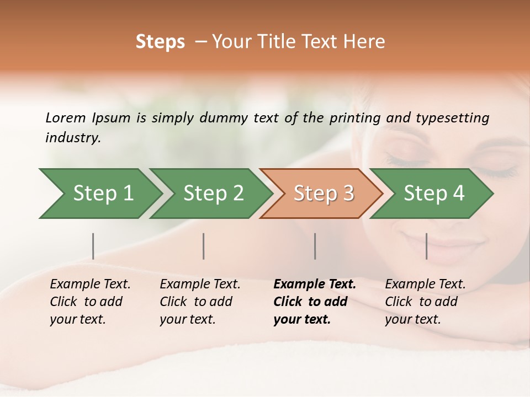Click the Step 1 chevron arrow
tap(99, 194)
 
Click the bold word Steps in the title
tap(160, 42)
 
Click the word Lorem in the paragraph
tap(65, 118)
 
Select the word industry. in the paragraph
tap(73, 138)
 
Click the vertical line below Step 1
tap(93, 246)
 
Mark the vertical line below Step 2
tap(204, 246)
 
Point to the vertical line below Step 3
tap(315, 246)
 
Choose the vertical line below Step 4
tap(426, 246)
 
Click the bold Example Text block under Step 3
tap(314, 302)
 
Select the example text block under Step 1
tap(90, 302)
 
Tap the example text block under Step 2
tap(200, 302)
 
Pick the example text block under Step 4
tap(425, 302)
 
